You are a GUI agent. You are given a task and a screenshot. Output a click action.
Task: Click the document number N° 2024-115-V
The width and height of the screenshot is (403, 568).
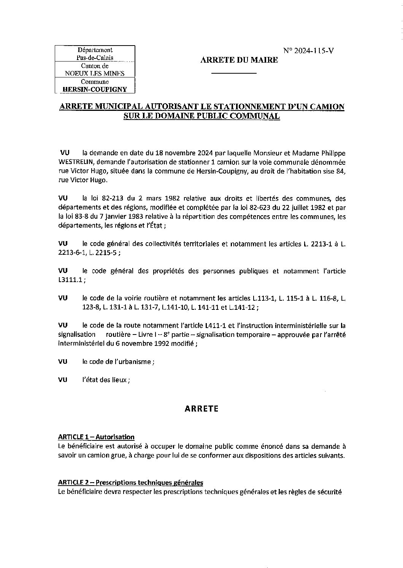(308, 51)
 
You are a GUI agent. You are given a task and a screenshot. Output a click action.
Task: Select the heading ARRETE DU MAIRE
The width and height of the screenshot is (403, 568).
(239, 60)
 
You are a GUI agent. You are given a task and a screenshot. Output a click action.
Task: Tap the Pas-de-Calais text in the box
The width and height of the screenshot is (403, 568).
(95, 58)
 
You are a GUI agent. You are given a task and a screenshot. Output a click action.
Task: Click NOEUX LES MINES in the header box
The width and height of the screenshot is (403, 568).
(95, 74)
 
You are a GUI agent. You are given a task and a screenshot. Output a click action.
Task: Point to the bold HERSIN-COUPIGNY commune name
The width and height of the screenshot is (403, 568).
(95, 90)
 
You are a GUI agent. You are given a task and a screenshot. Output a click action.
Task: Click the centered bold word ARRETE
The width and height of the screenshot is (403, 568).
(201, 409)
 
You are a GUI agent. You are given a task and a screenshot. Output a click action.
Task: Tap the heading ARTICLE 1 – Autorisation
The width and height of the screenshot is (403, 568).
(96, 437)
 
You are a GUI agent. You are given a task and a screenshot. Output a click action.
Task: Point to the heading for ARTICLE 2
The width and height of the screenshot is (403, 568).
(130, 483)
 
